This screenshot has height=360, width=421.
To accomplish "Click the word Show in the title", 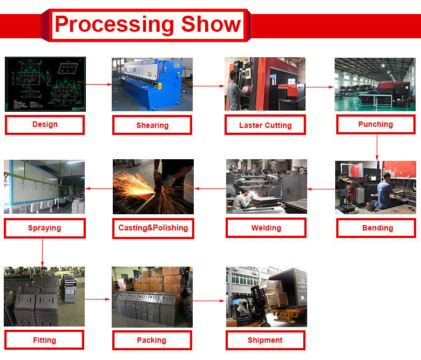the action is (211, 24).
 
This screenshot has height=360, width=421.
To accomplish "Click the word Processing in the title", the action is (114, 25).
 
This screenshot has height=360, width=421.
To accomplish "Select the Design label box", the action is (45, 125).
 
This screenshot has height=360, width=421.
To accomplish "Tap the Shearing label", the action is (152, 125).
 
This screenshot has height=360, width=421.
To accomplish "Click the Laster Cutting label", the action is (265, 125).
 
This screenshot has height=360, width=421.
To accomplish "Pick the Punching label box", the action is (376, 124).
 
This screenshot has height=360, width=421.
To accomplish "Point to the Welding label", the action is (266, 228).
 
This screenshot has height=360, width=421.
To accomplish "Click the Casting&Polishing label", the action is (153, 228).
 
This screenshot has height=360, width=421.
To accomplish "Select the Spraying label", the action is (45, 228).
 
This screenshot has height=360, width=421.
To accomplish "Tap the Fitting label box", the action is (44, 340).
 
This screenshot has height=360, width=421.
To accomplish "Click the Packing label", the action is (152, 341).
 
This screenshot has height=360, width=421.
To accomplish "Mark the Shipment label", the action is (265, 341).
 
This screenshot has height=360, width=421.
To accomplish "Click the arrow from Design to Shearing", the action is (99, 85).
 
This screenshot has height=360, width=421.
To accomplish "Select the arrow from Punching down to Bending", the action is (377, 147).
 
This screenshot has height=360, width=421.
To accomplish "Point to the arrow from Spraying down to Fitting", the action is (42, 253).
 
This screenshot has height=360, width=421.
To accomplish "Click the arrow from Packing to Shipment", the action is (209, 301).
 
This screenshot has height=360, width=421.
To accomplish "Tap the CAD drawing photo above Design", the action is (45, 84).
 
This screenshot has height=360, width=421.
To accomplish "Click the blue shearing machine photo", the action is (152, 84).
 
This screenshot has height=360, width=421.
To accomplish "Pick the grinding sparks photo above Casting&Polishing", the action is (153, 187).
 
